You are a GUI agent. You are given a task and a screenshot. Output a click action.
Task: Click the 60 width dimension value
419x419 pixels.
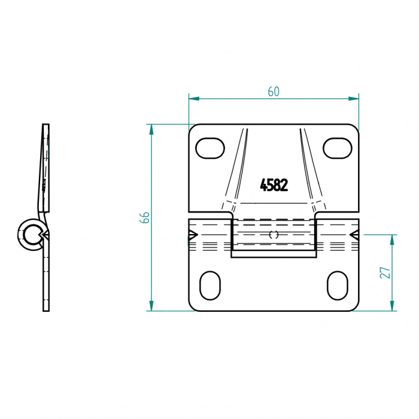274,92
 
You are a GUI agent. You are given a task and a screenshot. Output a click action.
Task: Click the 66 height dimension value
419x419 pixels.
145,217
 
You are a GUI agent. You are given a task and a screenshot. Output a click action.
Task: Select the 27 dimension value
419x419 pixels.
385,272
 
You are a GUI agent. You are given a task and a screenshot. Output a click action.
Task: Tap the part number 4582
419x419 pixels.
274,185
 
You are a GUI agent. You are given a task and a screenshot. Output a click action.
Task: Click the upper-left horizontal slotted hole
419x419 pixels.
210,148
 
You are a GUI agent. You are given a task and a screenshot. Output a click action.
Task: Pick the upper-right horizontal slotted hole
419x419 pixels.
338,148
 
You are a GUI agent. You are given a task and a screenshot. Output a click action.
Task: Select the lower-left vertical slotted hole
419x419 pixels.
210,286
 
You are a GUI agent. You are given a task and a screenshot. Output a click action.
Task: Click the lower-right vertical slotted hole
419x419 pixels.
338,286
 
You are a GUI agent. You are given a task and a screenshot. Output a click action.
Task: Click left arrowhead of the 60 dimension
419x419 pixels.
194,99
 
